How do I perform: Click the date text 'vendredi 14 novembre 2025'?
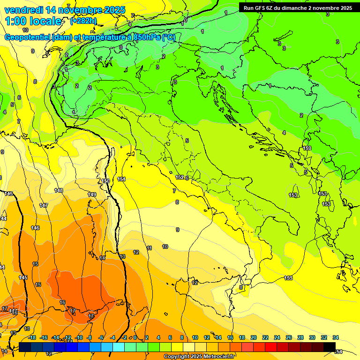pos(65,10)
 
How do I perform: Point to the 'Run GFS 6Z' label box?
pos(298,7)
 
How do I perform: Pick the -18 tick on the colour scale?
pos(32,337)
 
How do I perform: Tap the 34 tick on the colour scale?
pos(336,337)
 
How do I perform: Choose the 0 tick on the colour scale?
pos(135,337)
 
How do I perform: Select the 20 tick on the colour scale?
pos(254,337)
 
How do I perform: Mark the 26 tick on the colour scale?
pos(289,337)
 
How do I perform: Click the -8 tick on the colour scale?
pos(90,337)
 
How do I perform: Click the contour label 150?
pos(105,181)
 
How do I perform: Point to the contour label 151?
pos(121,179)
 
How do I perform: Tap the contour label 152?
pos(180,177)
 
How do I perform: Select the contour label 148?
pos(59,190)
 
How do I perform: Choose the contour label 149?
pos(92,195)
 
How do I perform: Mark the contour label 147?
pos(44,205)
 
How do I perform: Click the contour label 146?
pos(35,228)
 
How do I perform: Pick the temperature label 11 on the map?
pos(149,248)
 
